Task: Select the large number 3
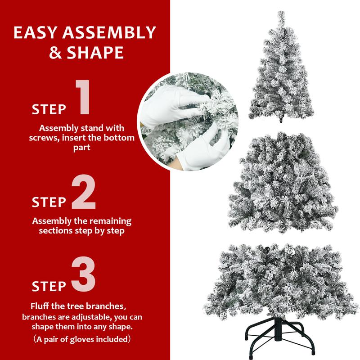point(84,274)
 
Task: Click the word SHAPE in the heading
point(95,53)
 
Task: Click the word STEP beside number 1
point(49,109)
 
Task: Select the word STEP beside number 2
point(49,202)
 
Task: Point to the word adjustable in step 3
point(85,317)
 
